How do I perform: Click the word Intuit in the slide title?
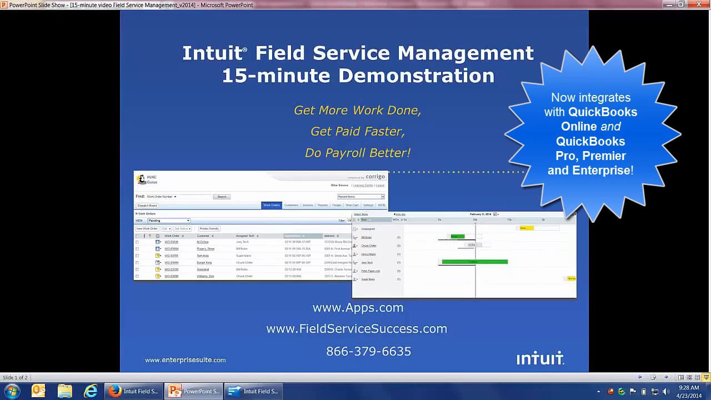[212, 53]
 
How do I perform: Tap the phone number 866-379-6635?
[368, 351]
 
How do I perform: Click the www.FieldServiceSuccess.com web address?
[357, 328]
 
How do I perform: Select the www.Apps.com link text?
[358, 307]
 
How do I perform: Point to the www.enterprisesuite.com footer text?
[186, 360]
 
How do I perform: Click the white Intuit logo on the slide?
[540, 359]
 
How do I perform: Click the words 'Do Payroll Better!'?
[358, 153]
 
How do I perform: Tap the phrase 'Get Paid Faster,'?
[358, 132]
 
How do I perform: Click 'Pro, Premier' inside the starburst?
[590, 156]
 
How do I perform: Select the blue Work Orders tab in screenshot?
[272, 206]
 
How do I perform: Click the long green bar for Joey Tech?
[474, 262]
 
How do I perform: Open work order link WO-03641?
[171, 242]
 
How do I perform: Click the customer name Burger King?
[204, 263]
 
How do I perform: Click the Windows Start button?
[12, 391]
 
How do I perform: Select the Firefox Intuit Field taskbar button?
[134, 391]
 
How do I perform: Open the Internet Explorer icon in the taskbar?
[91, 391]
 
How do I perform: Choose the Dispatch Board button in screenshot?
[147, 206]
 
